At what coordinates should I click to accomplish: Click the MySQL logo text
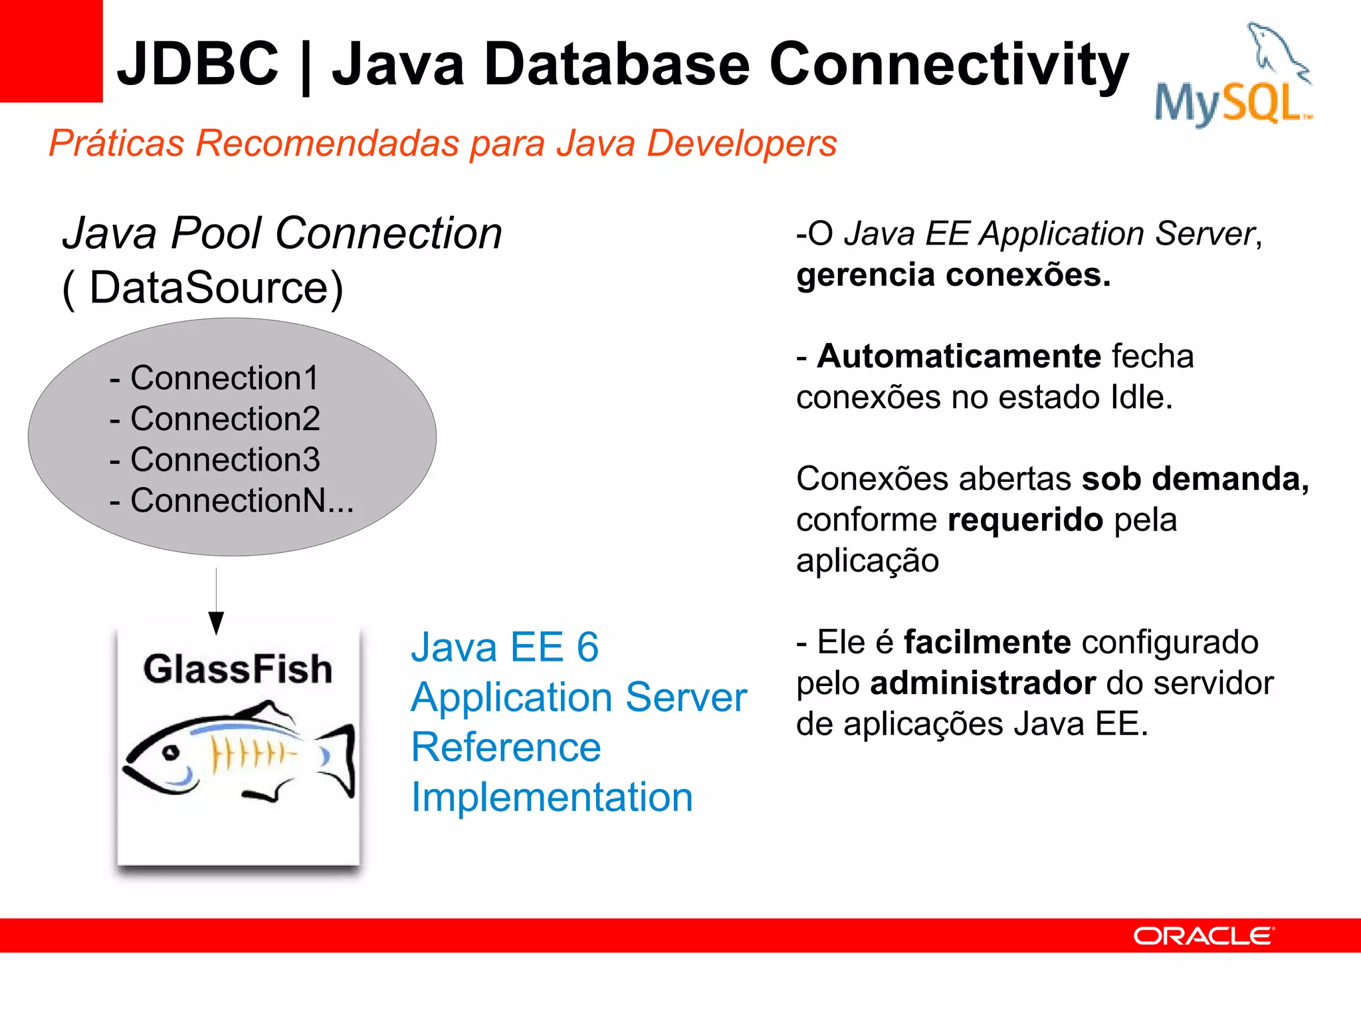pos(1229,103)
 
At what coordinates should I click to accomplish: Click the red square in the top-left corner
pos(51,51)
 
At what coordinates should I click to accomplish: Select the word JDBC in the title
pos(197,64)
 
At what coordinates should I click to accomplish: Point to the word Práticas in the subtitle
pos(116,143)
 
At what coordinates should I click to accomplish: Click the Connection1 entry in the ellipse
pos(224,378)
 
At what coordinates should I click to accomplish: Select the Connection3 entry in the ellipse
pos(225,459)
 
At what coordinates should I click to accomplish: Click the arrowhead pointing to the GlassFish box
pos(216,623)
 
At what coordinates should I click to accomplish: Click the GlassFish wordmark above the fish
pos(237,669)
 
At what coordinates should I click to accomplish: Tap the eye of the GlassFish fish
pos(171,752)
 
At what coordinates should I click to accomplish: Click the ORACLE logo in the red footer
pos(1203,936)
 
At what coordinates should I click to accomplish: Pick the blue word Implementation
pos(552,797)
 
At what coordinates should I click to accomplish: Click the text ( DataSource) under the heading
pos(203,288)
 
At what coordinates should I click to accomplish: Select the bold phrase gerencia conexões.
pos(953,275)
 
